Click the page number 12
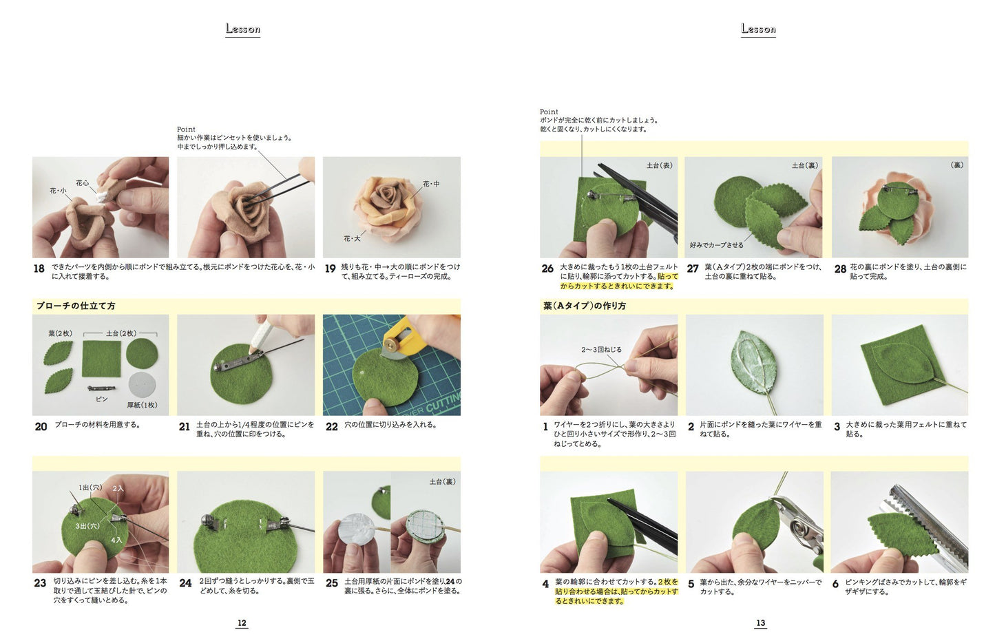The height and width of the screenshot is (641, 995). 242,623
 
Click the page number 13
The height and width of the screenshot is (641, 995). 760,623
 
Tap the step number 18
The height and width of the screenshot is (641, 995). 39,269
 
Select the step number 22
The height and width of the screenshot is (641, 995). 332,426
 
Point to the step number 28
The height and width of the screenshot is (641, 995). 840,269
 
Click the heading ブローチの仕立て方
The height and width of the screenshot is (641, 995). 76,306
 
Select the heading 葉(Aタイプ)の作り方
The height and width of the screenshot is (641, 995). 585,306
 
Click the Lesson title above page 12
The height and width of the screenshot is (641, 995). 242,29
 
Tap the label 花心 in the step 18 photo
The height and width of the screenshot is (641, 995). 82,183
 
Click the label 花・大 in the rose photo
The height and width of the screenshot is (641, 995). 352,238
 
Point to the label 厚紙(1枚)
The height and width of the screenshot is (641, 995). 142,405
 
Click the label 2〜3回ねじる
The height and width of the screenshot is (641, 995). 601,350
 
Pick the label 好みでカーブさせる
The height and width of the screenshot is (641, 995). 717,244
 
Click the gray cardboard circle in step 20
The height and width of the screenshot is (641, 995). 142,385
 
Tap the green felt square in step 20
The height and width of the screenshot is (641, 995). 101,359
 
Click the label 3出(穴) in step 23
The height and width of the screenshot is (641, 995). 87,526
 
